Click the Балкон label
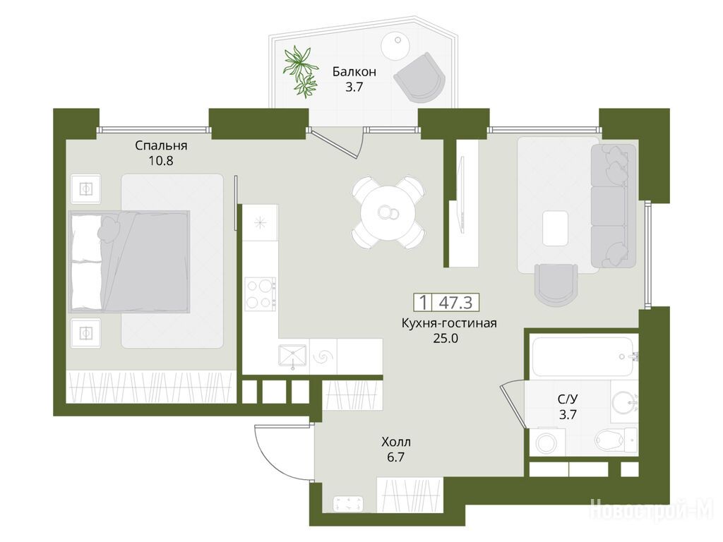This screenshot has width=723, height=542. tap(354, 72)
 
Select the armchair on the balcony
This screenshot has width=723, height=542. tap(419, 78)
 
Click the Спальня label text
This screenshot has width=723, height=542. tap(161, 145)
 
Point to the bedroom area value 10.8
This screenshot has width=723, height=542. tap(161, 162)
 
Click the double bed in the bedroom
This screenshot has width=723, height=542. tap(129, 261)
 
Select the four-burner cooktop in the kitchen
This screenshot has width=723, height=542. tap(260, 294)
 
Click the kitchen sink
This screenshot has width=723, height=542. tap(292, 356)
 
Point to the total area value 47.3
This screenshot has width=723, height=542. tap(455, 302)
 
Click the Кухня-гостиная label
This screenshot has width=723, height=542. tap(449, 323)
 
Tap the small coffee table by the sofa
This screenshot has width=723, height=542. tap(555, 228)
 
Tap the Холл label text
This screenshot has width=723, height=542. tap(396, 442)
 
